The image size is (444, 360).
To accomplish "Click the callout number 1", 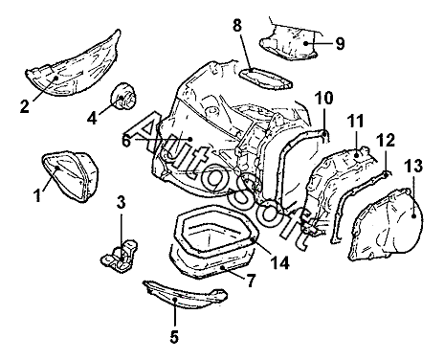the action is (37, 195).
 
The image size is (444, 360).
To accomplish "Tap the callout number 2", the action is (24, 106).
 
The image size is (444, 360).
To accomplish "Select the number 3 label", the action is (122, 202).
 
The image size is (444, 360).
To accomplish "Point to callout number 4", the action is (92, 118).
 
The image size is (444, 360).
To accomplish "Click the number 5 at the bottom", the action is (174, 336).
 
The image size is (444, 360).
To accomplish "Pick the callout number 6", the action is (126, 140).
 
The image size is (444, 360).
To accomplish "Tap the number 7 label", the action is (251, 281).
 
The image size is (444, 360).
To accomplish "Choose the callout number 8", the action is (237, 26).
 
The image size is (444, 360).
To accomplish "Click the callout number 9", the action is (340, 43).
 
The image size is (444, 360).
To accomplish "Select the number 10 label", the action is (324, 99).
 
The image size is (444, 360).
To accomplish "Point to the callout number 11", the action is (355, 122).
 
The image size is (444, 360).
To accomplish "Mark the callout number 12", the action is (386, 140).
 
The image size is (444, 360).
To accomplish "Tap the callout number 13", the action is (413, 166).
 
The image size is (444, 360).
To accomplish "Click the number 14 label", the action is (280, 262).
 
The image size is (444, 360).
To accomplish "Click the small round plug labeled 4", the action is (123, 96).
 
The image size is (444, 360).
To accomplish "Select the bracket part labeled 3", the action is (120, 256).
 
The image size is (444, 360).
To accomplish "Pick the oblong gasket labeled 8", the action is (265, 79).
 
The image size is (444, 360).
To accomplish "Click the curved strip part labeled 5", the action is (185, 295).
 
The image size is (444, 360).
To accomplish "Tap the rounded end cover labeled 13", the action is (387, 223).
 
